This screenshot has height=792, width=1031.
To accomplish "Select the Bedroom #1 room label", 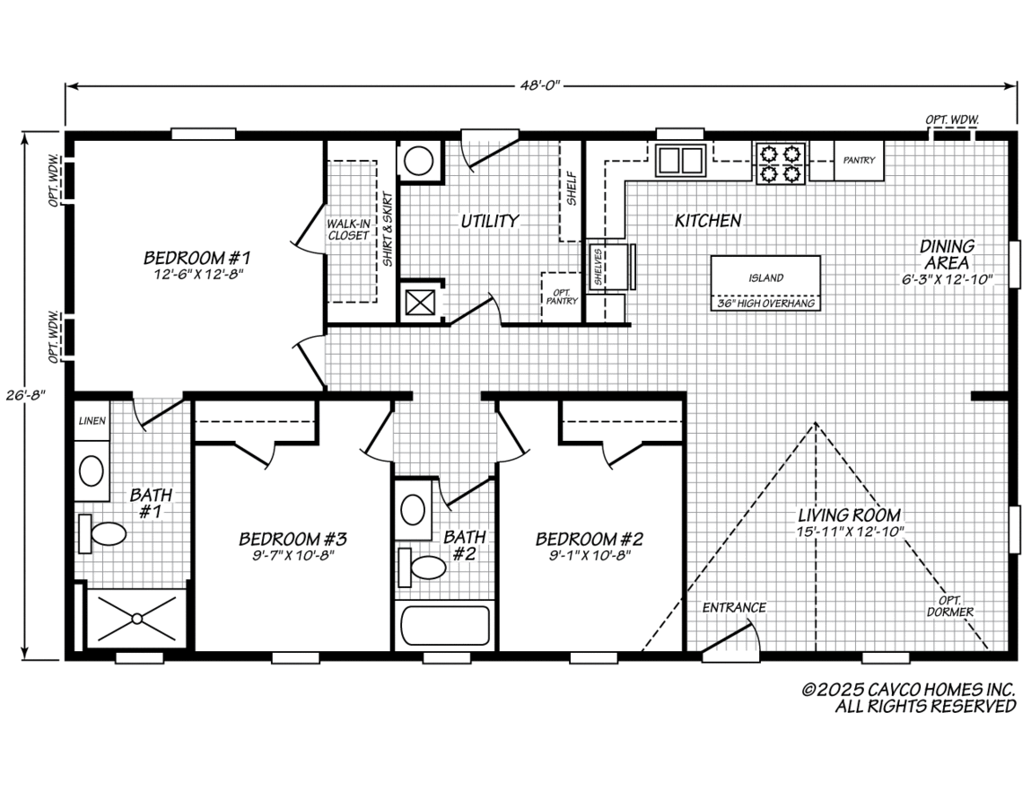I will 194,259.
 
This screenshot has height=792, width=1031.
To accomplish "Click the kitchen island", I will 765,277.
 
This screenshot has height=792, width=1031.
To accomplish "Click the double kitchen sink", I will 679,160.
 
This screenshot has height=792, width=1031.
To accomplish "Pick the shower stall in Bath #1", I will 136,617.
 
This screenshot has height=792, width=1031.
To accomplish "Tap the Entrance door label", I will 734,608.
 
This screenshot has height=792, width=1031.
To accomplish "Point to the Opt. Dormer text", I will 950,606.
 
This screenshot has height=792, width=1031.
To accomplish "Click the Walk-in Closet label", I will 347,229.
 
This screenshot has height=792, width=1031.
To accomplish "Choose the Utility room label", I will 490,221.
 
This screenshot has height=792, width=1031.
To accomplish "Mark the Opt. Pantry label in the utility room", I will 562,295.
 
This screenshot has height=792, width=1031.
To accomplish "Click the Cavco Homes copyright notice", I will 909,698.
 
